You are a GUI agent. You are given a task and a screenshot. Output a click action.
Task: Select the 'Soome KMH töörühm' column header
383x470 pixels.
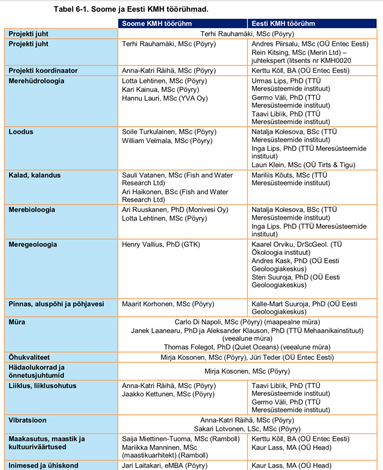pyautogui.click(x=157, y=23)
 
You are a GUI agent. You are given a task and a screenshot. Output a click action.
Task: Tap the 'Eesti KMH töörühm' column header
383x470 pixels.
pyautogui.click(x=283, y=23)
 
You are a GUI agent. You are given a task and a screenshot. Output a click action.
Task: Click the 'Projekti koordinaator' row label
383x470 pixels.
pyautogui.click(x=43, y=70)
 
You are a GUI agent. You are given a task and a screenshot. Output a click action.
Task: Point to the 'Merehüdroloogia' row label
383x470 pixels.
pyautogui.click(x=36, y=81)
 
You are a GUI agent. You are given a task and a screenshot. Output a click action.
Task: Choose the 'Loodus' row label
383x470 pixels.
pyautogui.click(x=21, y=132)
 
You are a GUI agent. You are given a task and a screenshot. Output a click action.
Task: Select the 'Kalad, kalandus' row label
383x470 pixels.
pyautogui.click(x=34, y=175)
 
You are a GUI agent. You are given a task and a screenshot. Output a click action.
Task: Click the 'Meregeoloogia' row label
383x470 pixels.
pyautogui.click(x=33, y=244)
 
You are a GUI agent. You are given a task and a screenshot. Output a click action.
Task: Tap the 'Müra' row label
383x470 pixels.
pyautogui.click(x=17, y=322)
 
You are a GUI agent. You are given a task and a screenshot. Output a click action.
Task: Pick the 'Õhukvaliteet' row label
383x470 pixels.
pyautogui.click(x=29, y=357)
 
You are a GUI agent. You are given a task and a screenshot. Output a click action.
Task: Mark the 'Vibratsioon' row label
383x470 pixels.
pyautogui.click(x=27, y=420)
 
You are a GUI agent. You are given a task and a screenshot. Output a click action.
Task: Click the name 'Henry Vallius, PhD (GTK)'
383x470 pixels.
pyautogui.click(x=161, y=244)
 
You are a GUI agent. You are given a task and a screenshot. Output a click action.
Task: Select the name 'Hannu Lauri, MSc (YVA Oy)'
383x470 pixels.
pyautogui.click(x=165, y=98)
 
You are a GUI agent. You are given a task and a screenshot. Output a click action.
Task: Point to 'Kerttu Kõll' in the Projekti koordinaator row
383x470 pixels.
pyautogui.click(x=267, y=70)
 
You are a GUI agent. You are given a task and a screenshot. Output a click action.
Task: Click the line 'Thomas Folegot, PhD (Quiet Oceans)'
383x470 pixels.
pyautogui.click(x=247, y=347)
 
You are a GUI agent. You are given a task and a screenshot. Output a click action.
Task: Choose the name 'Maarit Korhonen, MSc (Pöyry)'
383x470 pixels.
pyautogui.click(x=168, y=304)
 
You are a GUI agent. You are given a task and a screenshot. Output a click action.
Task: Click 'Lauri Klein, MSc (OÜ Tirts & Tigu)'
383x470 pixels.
pyautogui.click(x=303, y=165)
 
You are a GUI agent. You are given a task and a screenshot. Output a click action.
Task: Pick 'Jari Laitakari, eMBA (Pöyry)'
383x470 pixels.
pyautogui.click(x=165, y=465)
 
